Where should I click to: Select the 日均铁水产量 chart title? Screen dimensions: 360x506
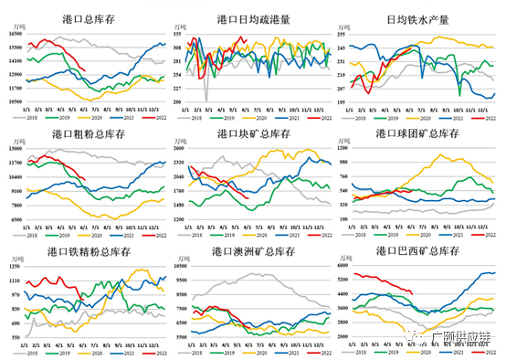(x=423, y=18)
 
